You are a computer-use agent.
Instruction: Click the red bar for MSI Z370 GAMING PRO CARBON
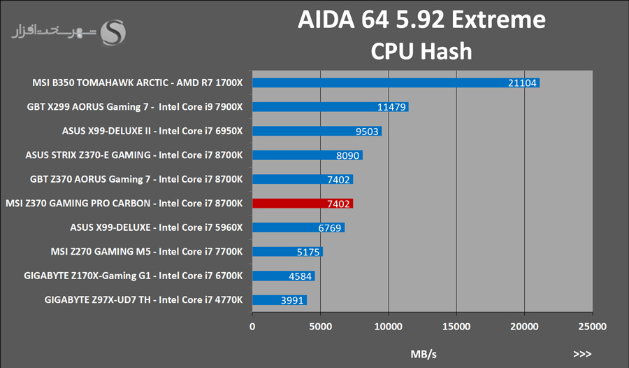303,204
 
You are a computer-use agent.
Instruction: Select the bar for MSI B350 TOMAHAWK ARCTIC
396,83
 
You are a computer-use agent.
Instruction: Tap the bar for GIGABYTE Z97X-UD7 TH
280,300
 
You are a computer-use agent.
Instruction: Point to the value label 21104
522,83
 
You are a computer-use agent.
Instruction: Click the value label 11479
391,107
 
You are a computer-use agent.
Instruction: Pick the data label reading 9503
368,131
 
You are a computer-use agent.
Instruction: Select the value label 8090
349,155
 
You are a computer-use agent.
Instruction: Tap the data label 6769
331,227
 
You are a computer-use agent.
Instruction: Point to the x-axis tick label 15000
456,326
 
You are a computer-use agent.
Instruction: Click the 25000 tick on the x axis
592,326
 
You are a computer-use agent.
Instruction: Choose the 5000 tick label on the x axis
320,326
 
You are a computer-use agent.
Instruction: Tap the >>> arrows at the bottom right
582,354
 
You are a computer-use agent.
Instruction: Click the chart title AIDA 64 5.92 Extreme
421,20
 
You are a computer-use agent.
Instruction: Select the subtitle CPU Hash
421,51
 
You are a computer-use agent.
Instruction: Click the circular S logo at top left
114,31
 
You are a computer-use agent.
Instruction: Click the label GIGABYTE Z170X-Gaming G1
133,276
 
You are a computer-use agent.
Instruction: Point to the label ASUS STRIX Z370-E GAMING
133,155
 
